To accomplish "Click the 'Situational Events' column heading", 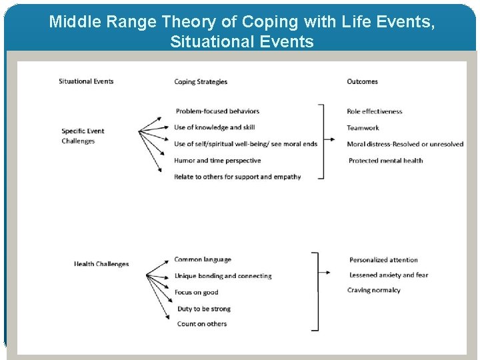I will pyautogui.click(x=86, y=81).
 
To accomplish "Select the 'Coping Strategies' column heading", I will pyautogui.click(x=201, y=82).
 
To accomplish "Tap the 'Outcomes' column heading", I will pyautogui.click(x=362, y=81).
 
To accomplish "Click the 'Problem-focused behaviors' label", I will pyautogui.click(x=217, y=111).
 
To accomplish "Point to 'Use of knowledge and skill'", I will pyautogui.click(x=214, y=127).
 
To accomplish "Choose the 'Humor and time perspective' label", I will pyautogui.click(x=217, y=161).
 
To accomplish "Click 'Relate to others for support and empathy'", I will pyautogui.click(x=237, y=177).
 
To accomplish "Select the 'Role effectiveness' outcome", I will pyautogui.click(x=375, y=111).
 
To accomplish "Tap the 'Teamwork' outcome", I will pyautogui.click(x=363, y=128).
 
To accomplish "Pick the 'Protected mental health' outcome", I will pyautogui.click(x=385, y=161).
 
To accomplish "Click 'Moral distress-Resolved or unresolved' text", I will pyautogui.click(x=405, y=144).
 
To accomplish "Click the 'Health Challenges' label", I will pyautogui.click(x=101, y=264).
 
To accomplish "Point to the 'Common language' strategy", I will pyautogui.click(x=203, y=259).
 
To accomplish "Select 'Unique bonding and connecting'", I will pyautogui.click(x=223, y=276).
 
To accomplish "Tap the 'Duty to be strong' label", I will pyautogui.click(x=204, y=309).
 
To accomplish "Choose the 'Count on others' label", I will pyautogui.click(x=202, y=324).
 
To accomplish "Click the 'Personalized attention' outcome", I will pyautogui.click(x=383, y=260).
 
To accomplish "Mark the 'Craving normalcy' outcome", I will pyautogui.click(x=373, y=290).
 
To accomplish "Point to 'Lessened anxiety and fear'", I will pyautogui.click(x=389, y=275).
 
